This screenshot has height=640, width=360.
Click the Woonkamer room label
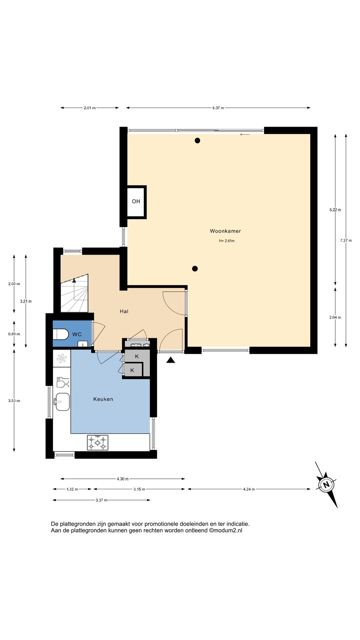point(225,231)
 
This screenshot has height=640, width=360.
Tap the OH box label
point(136,201)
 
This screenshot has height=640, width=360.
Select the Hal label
point(124,311)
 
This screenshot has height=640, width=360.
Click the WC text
point(77,334)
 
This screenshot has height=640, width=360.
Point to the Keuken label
point(103,399)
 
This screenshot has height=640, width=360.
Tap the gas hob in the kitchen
point(98,443)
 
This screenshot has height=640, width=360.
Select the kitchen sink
point(62,402)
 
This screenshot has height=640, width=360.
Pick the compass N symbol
point(326,484)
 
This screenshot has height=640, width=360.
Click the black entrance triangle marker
point(171,360)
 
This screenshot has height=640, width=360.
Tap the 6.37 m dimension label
point(218,108)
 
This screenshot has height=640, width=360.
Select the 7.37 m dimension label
point(346,240)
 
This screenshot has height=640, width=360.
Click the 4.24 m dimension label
point(249,489)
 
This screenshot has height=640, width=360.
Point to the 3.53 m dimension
point(14,401)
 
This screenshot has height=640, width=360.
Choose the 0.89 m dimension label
point(14,334)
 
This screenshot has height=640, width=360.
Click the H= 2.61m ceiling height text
point(227,241)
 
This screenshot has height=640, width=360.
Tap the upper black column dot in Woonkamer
point(197,140)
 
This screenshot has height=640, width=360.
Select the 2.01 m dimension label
point(90,108)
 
